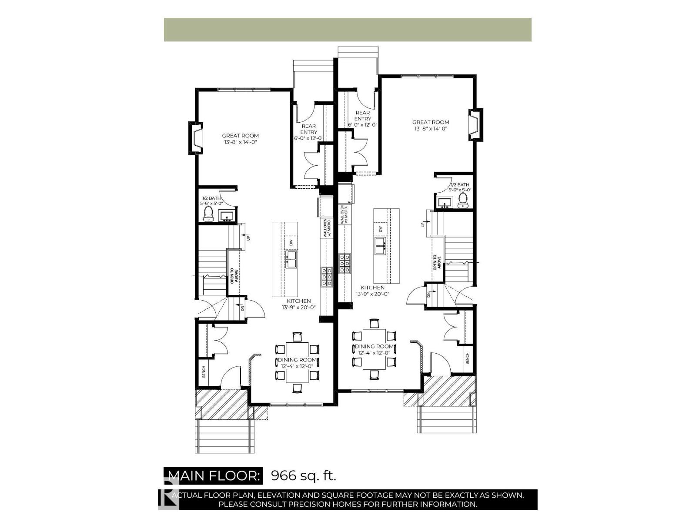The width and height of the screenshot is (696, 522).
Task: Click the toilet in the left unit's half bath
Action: (x=208, y=213)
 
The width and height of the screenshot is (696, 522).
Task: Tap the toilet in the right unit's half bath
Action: (x=463, y=200)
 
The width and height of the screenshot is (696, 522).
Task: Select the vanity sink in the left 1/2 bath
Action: (x=226, y=216)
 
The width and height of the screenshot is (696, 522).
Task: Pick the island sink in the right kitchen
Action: (x=380, y=247)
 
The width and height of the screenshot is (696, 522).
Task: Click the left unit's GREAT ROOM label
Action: (x=241, y=136)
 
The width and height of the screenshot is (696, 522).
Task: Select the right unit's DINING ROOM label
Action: (x=375, y=347)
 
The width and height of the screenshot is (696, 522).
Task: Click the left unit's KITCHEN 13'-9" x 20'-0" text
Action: (x=298, y=304)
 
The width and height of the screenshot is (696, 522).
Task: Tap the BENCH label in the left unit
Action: (x=204, y=372)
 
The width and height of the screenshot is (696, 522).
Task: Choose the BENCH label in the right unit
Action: (x=468, y=358)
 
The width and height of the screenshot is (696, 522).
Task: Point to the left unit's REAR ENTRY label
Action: (x=308, y=129)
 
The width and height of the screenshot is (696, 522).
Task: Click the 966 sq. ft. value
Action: (x=304, y=475)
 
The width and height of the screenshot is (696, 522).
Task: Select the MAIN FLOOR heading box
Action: (x=213, y=475)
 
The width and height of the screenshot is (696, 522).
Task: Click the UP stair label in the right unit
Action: (x=422, y=224)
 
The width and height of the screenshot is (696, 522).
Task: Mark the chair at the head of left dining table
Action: (x=297, y=337)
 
